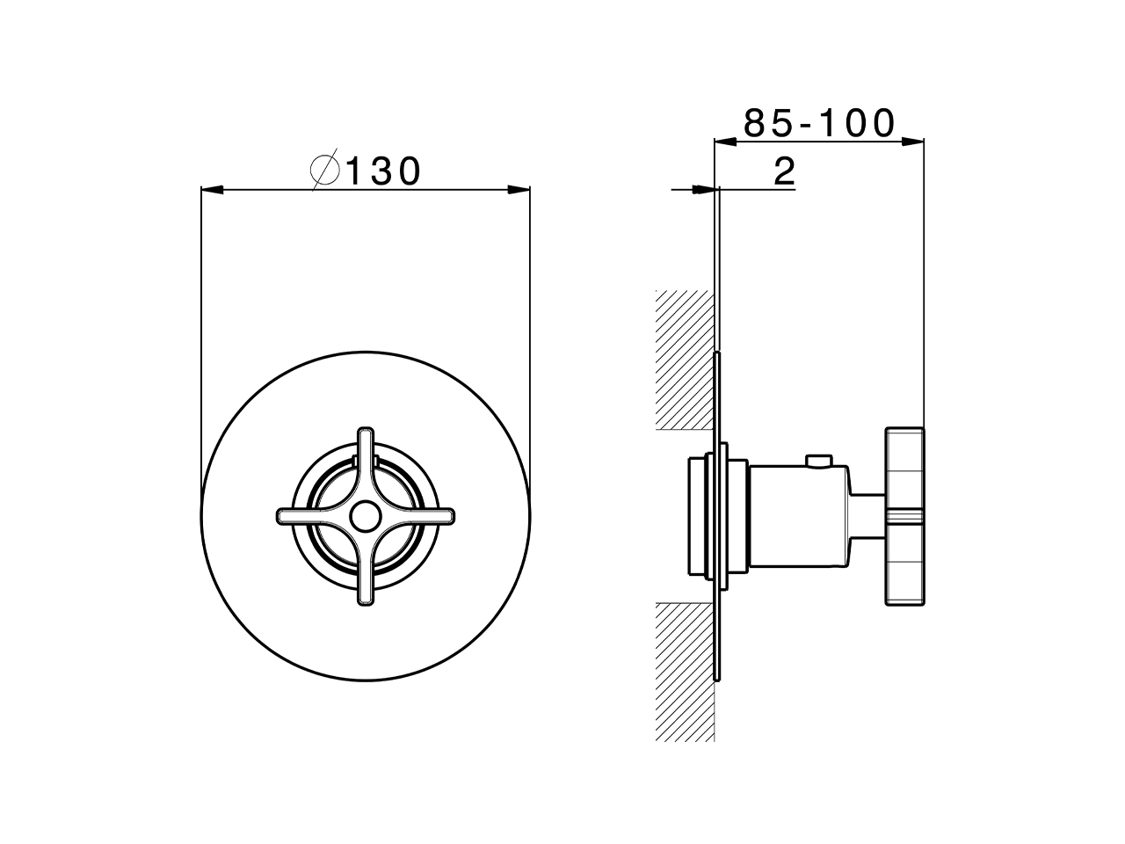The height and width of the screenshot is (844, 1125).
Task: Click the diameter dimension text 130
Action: [x=384, y=171]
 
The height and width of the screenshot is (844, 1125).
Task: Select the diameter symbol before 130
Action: [x=325, y=171]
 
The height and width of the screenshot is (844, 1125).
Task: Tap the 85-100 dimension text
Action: [x=818, y=123]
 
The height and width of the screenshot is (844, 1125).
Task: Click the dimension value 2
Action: [x=784, y=171]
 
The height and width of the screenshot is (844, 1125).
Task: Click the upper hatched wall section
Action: [x=684, y=360]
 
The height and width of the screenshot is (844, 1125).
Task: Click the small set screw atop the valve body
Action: [x=821, y=460]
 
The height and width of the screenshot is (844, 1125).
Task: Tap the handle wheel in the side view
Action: [x=904, y=517]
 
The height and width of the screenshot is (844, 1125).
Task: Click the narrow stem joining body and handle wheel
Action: [x=868, y=517]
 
